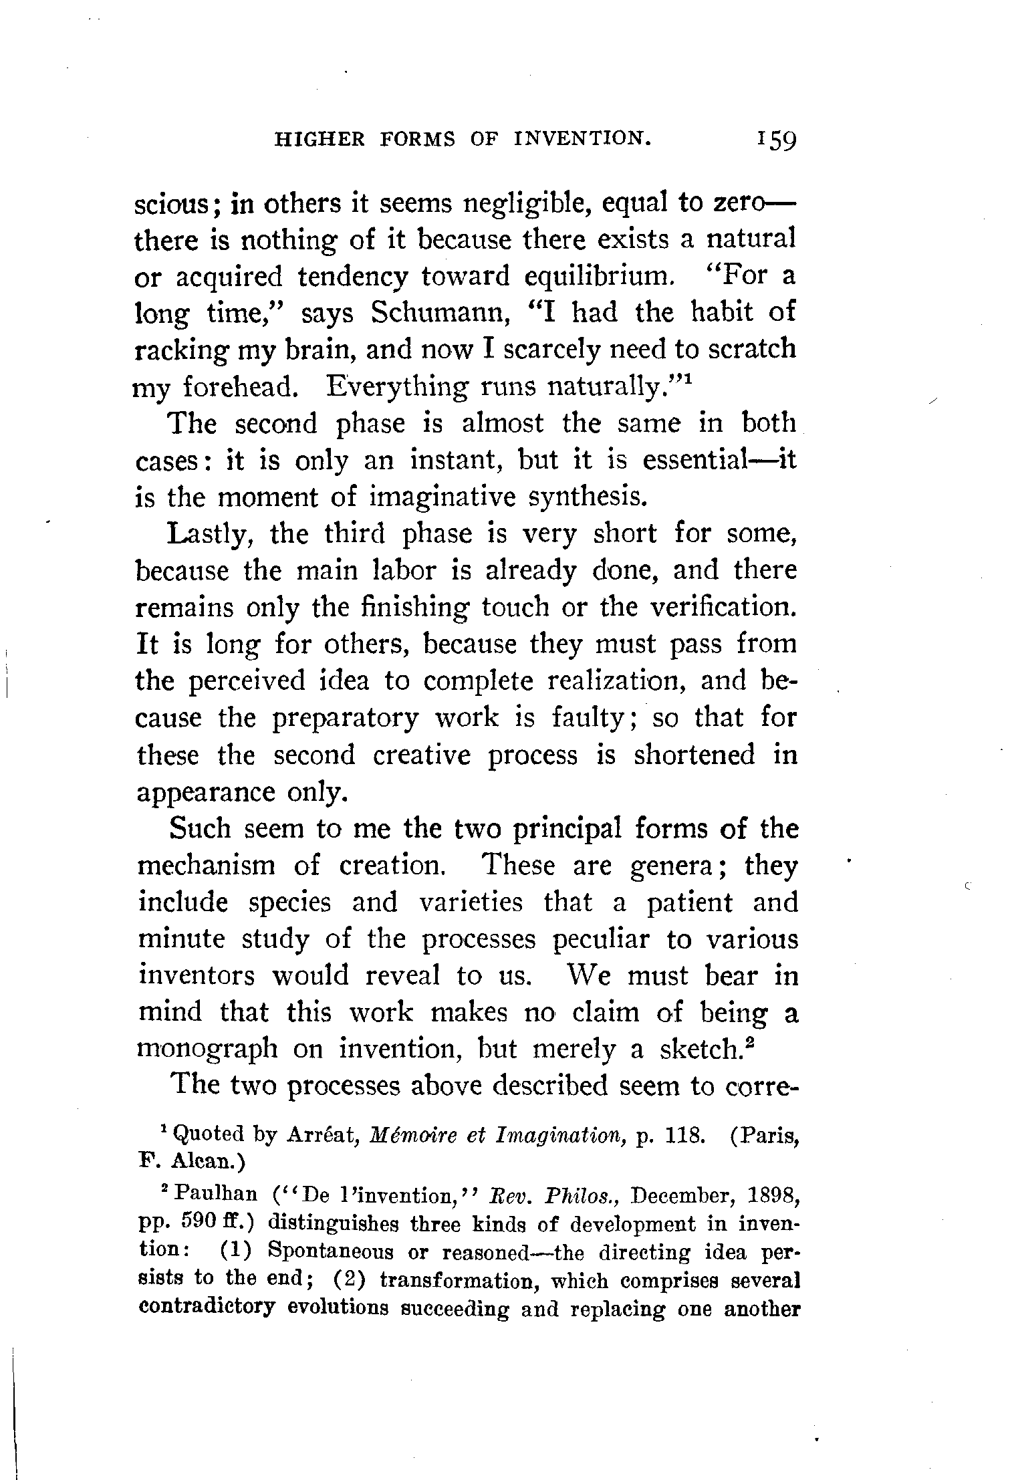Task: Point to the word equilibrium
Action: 596,276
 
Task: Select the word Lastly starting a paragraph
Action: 211,534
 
